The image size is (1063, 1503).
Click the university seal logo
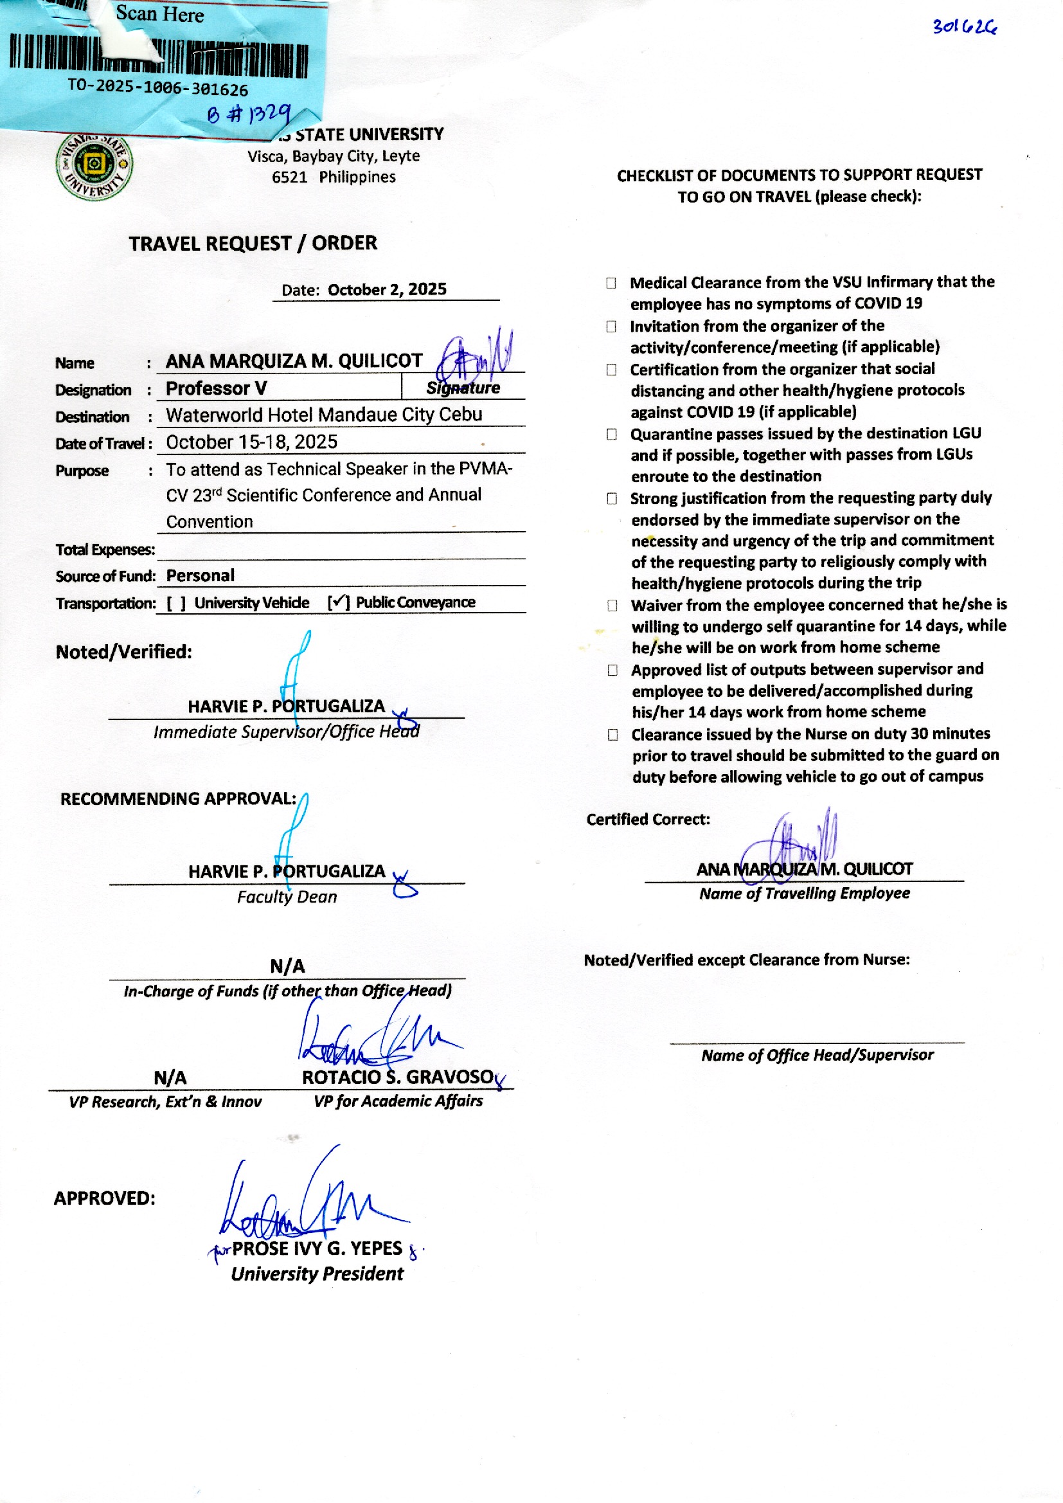[94, 166]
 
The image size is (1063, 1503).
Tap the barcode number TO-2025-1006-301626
[157, 87]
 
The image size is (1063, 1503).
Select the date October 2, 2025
[387, 289]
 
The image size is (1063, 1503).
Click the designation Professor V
[216, 388]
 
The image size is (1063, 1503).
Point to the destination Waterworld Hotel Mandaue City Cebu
[324, 415]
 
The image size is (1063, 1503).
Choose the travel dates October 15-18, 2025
[251, 442]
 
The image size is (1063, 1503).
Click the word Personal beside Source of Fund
[200, 575]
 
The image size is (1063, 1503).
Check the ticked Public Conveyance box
[339, 602]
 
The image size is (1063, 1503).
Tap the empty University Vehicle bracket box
[176, 603]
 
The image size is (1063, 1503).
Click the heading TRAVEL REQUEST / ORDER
[253, 244]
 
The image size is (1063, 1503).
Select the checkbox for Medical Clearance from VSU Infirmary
[611, 283]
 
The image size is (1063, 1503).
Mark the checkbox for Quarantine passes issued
[611, 434]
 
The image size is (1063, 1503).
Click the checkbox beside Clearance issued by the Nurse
[612, 735]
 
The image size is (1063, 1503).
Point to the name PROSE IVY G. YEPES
[317, 1248]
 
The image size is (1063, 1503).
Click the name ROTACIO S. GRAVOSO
[397, 1077]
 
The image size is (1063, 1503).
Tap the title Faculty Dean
[287, 897]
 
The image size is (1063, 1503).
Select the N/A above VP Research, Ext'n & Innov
[170, 1077]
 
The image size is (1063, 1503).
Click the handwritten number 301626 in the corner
[964, 28]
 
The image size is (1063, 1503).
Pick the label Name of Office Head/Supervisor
[817, 1054]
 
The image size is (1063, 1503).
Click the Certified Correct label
[647, 820]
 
